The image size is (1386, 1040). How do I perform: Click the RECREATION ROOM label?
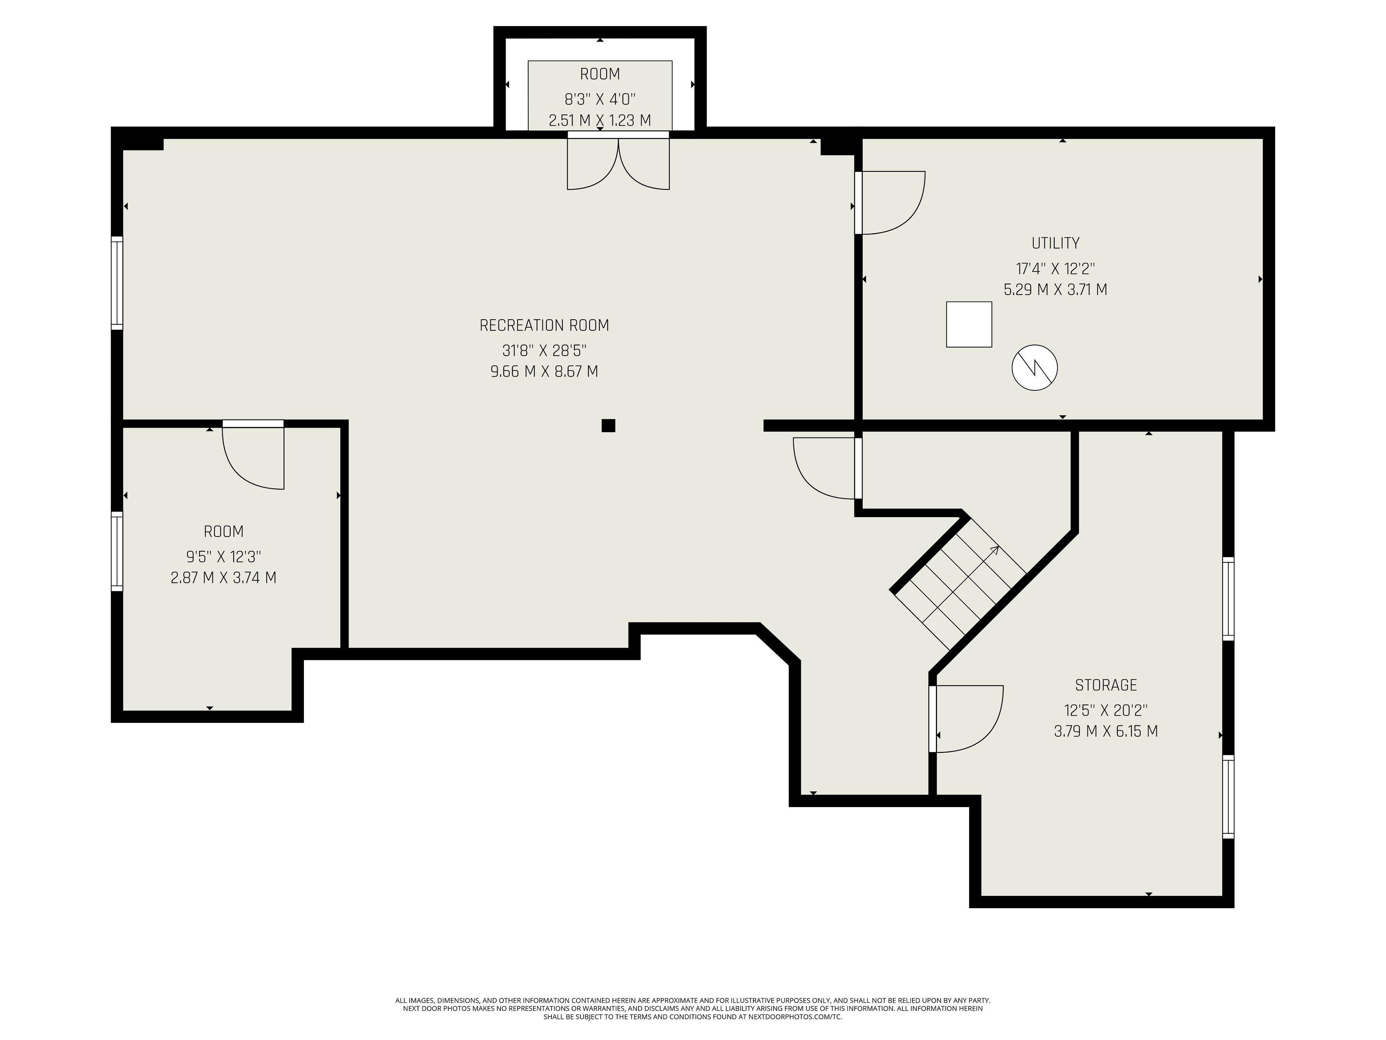point(544,325)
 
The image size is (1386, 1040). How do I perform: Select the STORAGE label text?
point(1106,685)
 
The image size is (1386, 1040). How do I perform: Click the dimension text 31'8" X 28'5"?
point(544,350)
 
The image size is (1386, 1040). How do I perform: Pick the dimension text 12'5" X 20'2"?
point(1106,710)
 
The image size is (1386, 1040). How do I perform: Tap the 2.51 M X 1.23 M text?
point(600,120)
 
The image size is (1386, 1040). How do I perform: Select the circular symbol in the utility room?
point(1034,368)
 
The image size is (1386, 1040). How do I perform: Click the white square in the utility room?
point(969,324)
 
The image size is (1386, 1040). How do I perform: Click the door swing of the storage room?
point(966,718)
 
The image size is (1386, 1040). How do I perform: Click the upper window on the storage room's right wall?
point(1229,599)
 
